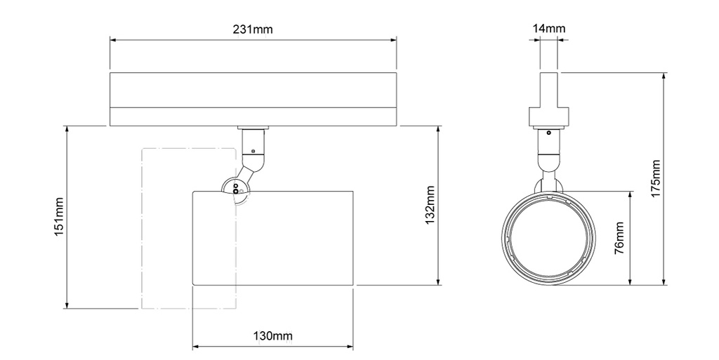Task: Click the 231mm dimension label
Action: pyautogui.click(x=253, y=29)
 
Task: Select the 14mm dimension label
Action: pyautogui.click(x=549, y=29)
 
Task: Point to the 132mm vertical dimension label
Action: pyautogui.click(x=430, y=206)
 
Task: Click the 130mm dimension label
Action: pyautogui.click(x=272, y=336)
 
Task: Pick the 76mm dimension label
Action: pyautogui.click(x=619, y=239)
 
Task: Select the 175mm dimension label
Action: pyautogui.click(x=656, y=179)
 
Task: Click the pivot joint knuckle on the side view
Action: pyautogui.click(x=235, y=189)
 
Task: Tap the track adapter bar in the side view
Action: pyautogui.click(x=253, y=98)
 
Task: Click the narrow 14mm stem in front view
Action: pyautogui.click(x=549, y=88)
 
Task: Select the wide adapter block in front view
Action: pyautogui.click(x=549, y=117)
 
